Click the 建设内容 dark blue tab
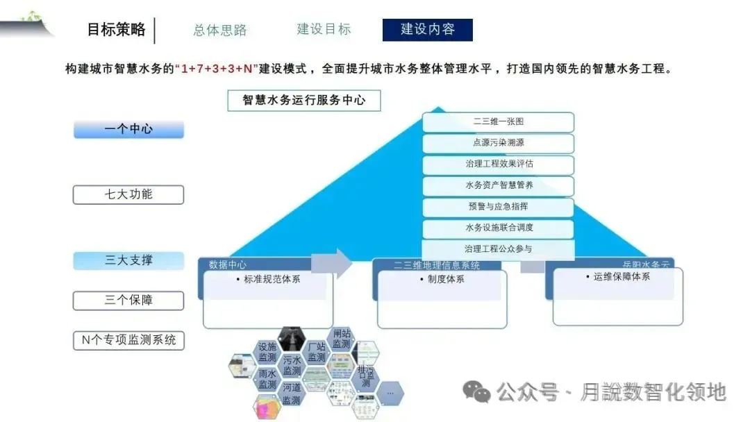[427, 30]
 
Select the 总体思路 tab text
[220, 30]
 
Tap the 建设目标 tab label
[324, 29]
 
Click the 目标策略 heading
[116, 29]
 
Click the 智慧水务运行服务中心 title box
[304, 100]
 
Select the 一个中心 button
[128, 129]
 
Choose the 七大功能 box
[128, 194]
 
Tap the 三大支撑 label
[128, 260]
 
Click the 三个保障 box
[128, 301]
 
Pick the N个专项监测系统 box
[128, 340]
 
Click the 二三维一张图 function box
[498, 122]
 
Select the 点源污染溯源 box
[498, 143]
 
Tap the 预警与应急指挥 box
[498, 207]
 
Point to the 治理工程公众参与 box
[498, 248]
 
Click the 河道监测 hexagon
[292, 394]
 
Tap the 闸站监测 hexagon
[341, 339]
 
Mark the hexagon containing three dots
[390, 393]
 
